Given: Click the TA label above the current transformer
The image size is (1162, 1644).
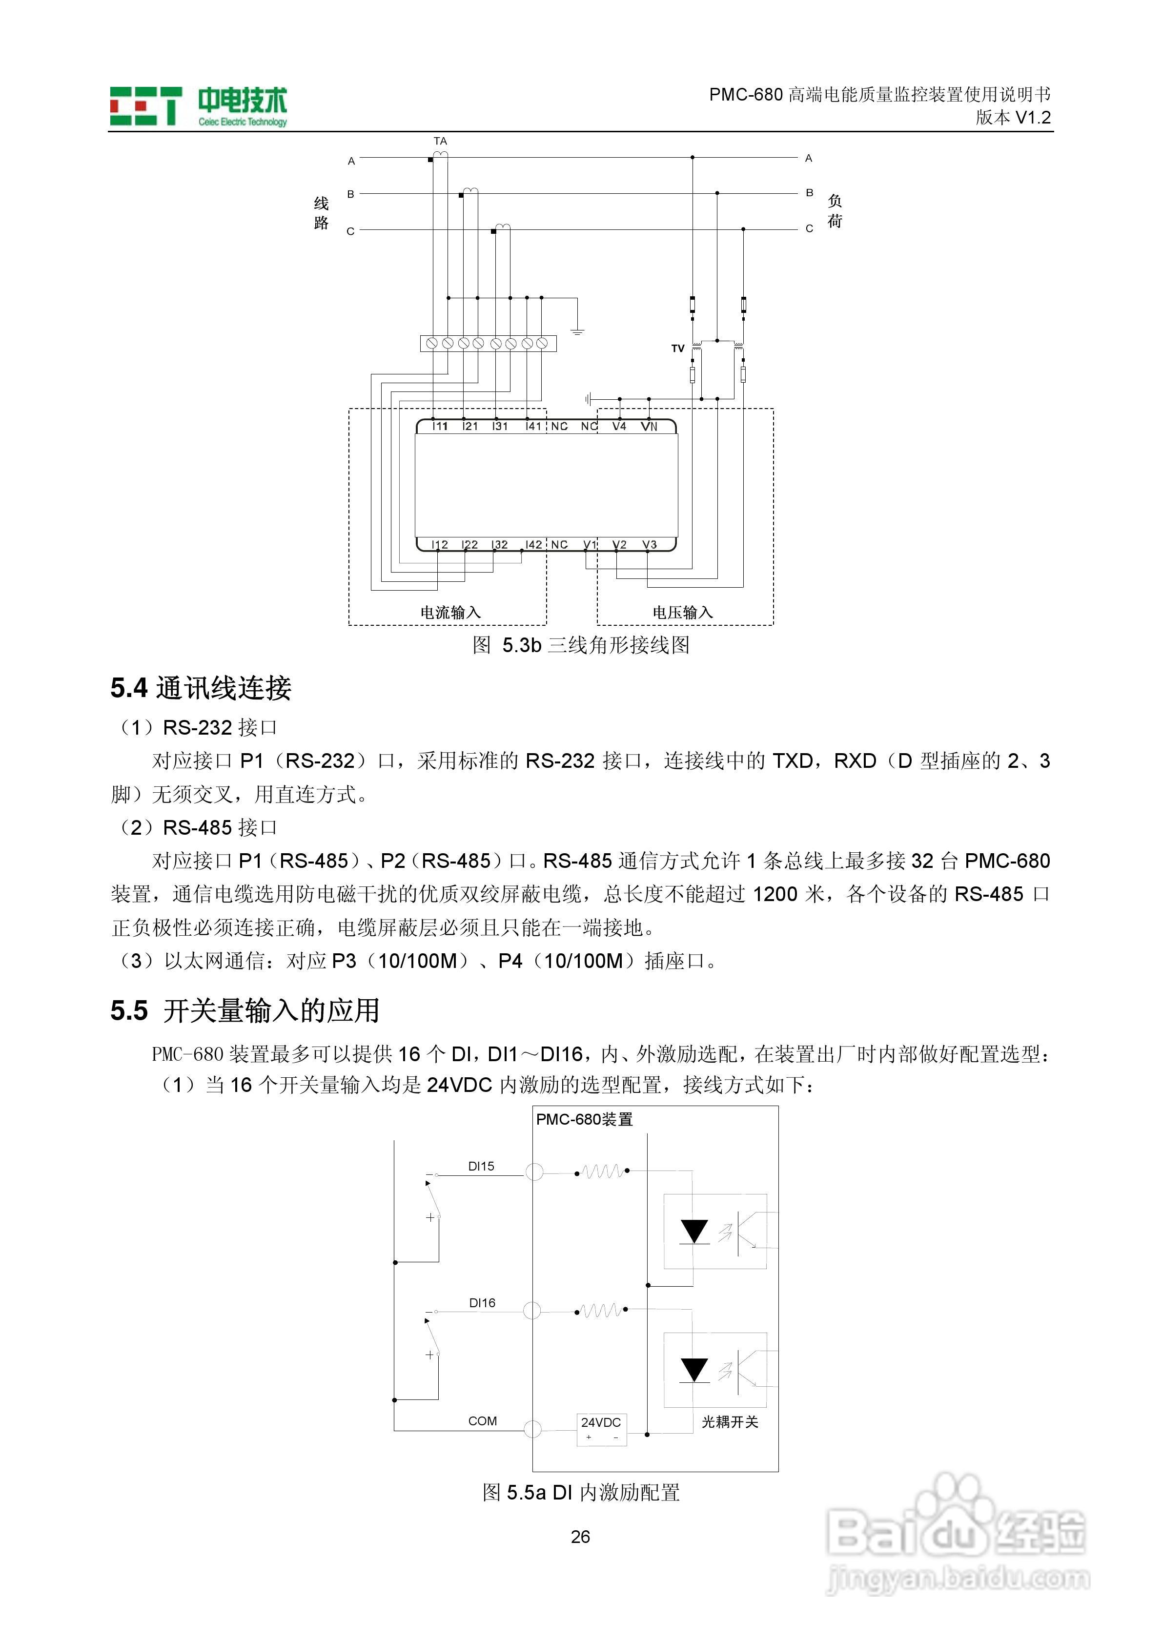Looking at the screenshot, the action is [440, 141].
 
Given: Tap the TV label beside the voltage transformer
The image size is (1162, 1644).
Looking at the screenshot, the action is [677, 349].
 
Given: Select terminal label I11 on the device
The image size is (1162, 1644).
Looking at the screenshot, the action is [440, 426].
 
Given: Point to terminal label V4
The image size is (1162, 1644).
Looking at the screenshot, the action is [619, 426].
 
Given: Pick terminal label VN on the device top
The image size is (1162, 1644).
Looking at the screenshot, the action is [649, 426].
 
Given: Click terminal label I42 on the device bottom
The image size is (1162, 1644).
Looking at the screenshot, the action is [533, 545].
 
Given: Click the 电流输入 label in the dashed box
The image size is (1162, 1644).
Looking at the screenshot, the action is [450, 612].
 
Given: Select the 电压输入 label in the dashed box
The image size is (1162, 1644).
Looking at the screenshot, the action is [682, 612].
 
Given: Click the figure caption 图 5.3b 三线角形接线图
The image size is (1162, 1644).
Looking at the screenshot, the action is [581, 645].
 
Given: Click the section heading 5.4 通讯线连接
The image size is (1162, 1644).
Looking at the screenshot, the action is [201, 688].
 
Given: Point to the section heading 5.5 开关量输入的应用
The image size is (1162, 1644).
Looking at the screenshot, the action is [245, 1010].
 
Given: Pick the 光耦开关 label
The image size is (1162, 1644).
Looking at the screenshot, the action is [730, 1422].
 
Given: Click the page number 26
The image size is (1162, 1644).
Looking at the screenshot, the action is [581, 1537].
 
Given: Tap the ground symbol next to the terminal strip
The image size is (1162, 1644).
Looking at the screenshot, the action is [577, 331].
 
